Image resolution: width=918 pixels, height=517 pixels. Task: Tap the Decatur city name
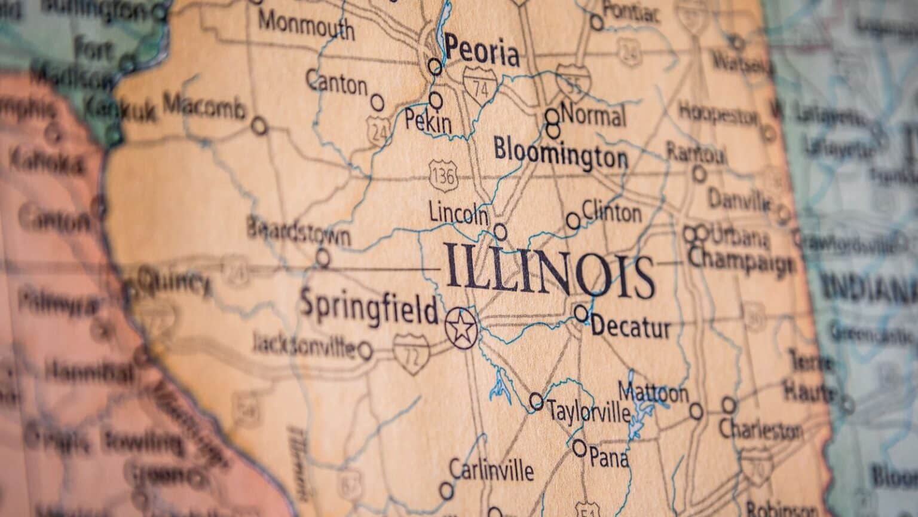[x=631, y=327]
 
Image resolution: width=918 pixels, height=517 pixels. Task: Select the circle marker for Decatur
[x=581, y=312]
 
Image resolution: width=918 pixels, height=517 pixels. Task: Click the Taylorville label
[x=589, y=412]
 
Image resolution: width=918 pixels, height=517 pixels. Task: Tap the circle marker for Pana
[x=579, y=446]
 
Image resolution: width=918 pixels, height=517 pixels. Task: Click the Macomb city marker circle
[x=259, y=126]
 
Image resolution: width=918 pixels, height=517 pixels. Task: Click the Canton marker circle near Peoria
[x=377, y=102]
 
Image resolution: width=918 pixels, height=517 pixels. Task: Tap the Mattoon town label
[x=653, y=393]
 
